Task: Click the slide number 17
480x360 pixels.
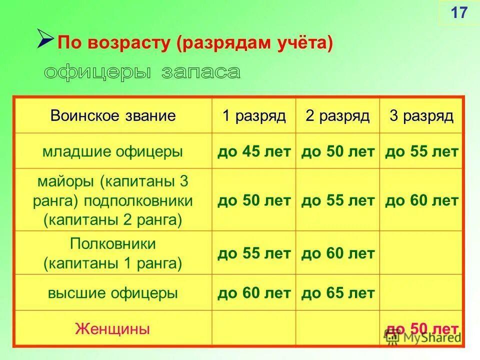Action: tap(458, 12)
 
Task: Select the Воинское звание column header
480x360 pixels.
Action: tap(113, 116)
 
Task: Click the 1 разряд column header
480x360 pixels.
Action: tap(254, 116)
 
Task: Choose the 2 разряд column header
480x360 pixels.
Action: tap(337, 116)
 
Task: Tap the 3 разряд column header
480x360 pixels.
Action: tap(421, 116)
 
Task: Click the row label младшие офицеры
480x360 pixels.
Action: tap(113, 151)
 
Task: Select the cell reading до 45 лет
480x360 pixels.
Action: tap(254, 151)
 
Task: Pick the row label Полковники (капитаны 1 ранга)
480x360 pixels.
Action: tap(113, 253)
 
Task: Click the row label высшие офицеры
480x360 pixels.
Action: tap(113, 293)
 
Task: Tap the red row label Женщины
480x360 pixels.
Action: tap(113, 329)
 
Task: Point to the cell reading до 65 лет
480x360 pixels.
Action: tap(337, 293)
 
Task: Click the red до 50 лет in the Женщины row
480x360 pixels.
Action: tap(421, 328)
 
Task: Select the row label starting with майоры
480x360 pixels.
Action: tap(113, 200)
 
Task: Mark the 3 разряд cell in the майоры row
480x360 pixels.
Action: tap(421, 200)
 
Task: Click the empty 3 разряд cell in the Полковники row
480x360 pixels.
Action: tap(421, 253)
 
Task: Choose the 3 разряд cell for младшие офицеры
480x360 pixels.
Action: tap(421, 151)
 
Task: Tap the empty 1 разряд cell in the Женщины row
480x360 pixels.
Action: tap(254, 329)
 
